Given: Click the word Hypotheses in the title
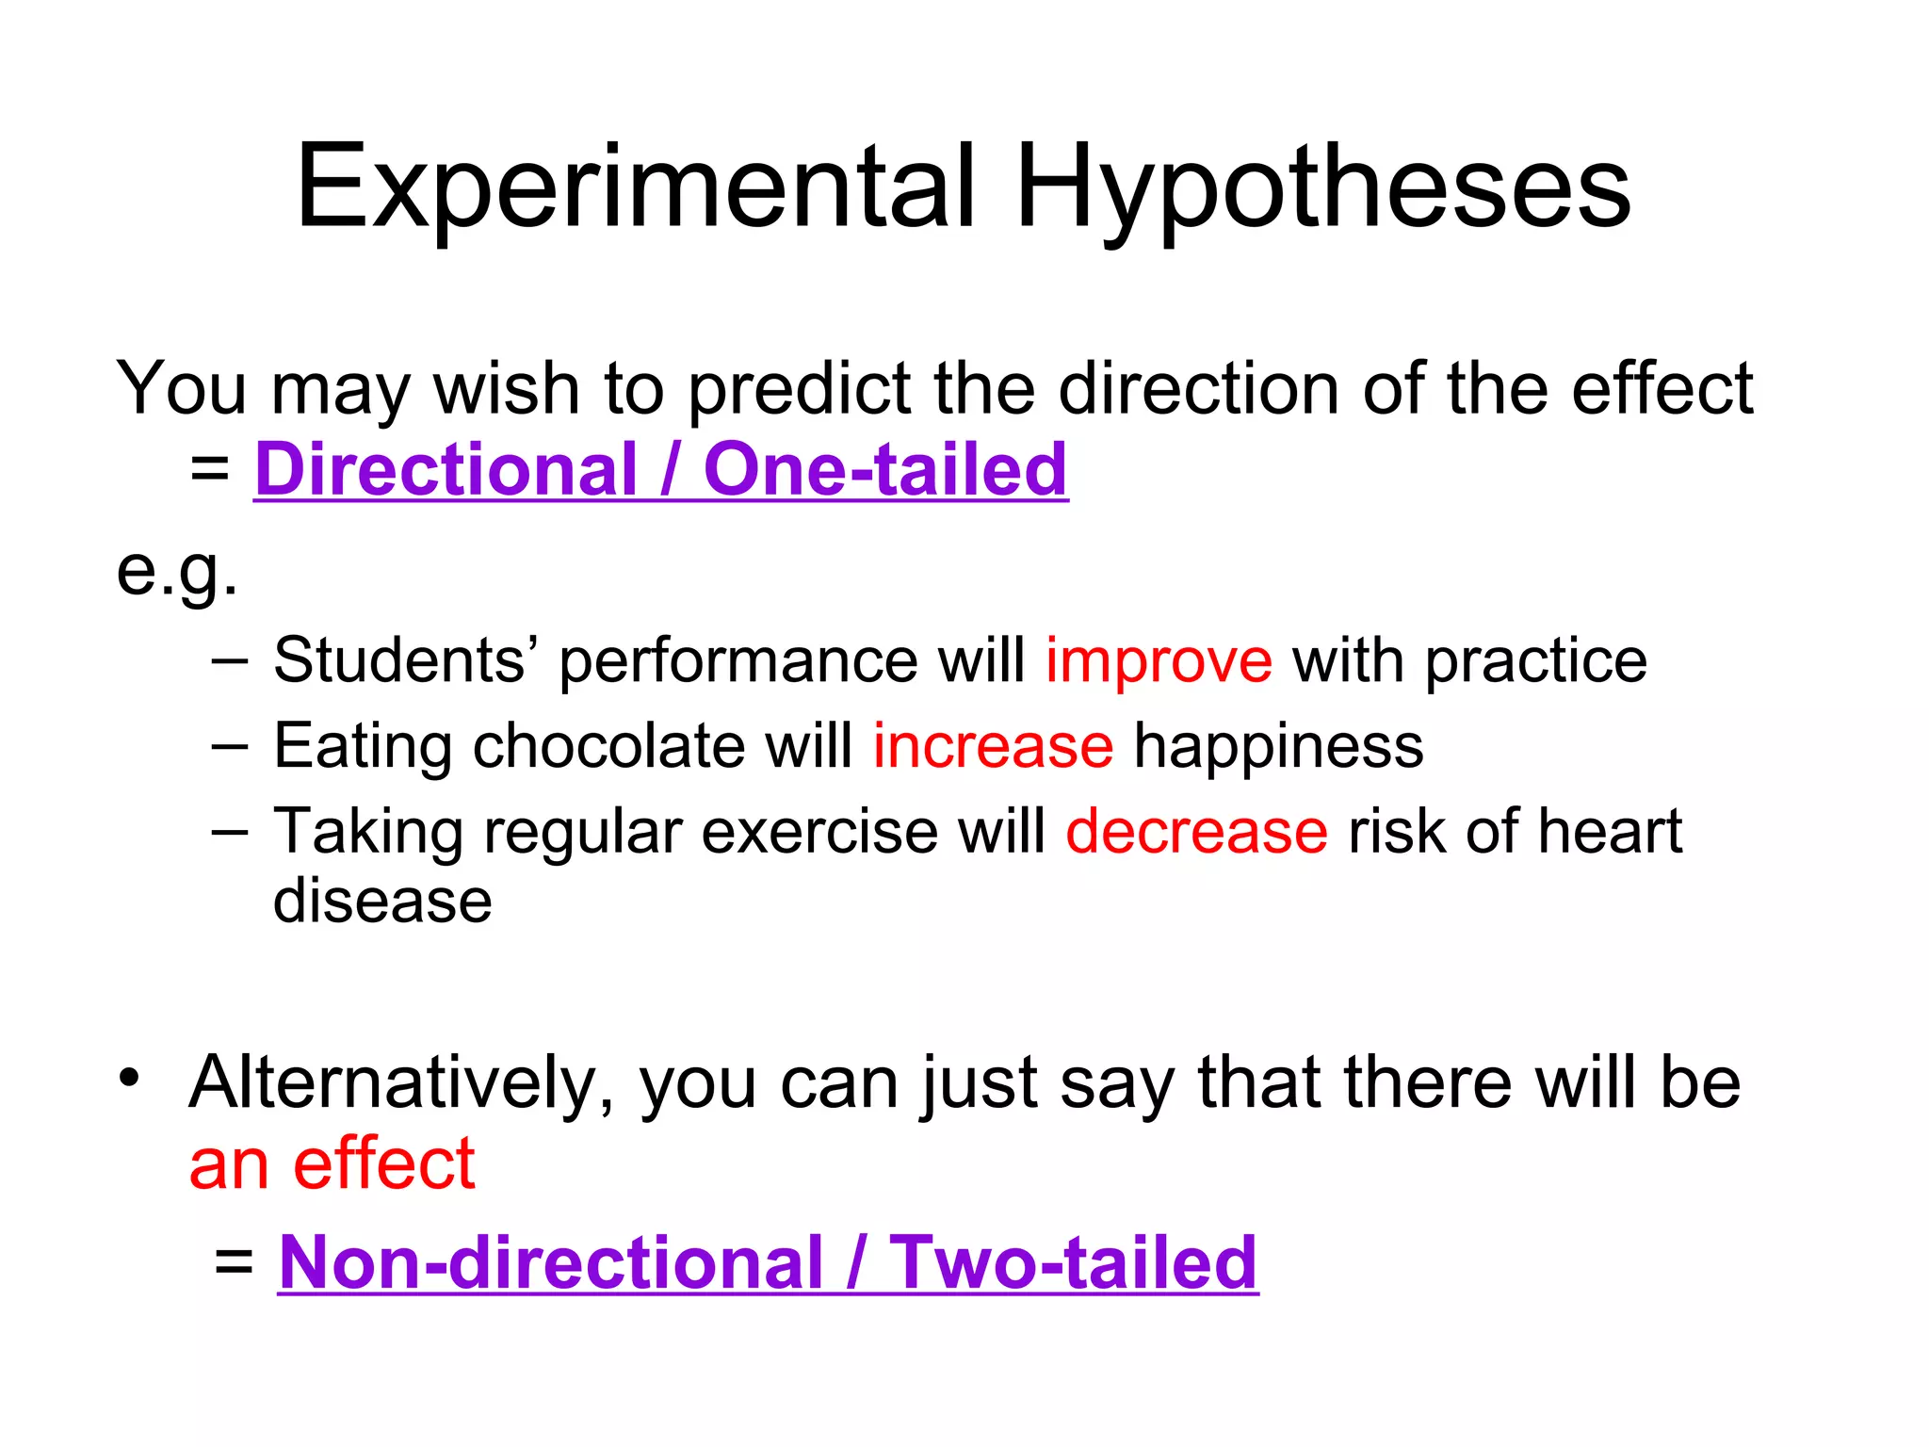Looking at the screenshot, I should pos(1323,188).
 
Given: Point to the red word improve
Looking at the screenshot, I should pos(1159,660).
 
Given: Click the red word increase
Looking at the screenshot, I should pos(993,746).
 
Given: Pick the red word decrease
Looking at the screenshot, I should pos(1196,832).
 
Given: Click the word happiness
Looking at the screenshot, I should pos(1278,748).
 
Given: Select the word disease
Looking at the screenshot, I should pos(382,902).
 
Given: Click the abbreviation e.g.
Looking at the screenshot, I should pos(176,571).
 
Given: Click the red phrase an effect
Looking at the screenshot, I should pos(332,1164).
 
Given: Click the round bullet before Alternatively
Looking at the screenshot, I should pos(129,1077).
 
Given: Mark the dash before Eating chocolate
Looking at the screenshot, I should pos(230,747).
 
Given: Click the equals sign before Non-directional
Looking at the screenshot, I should pos(234,1262).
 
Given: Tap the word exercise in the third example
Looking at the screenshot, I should pos(819,832).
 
